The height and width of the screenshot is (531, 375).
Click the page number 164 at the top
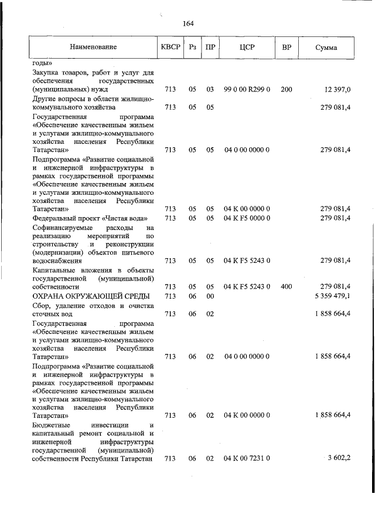click(x=188, y=23)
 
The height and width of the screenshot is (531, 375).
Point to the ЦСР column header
click(x=246, y=46)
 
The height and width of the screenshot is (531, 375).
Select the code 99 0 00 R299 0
click(x=247, y=90)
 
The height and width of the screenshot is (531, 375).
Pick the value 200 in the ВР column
click(x=287, y=90)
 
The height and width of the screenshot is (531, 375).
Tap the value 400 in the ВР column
click(x=287, y=286)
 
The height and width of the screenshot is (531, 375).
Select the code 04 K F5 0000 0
click(x=247, y=218)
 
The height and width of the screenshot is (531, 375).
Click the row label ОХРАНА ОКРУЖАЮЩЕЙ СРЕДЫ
click(x=86, y=296)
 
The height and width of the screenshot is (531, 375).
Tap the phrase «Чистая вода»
click(x=129, y=218)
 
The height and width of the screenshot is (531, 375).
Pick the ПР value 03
click(x=210, y=90)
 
